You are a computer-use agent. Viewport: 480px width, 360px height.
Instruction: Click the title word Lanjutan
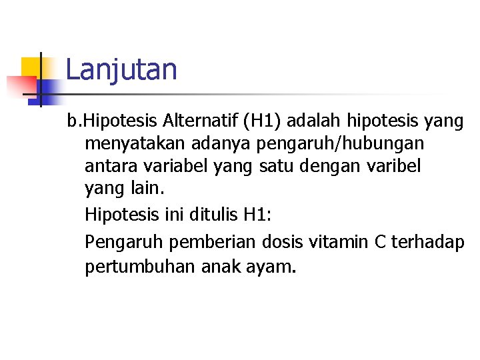[x=121, y=70]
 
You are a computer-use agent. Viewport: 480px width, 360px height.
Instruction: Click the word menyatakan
[x=133, y=144]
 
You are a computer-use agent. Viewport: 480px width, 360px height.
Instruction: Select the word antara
[x=106, y=166]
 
